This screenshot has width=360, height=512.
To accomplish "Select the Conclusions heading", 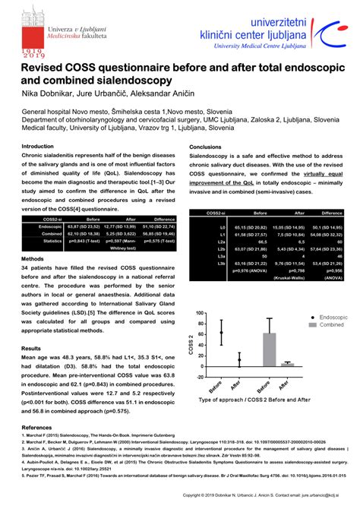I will [x=205, y=147].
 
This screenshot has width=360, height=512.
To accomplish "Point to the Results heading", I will [x=31, y=348].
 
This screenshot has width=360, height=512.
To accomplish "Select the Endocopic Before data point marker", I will [x=222, y=332].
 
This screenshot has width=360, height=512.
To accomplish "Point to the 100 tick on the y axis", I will [x=200, y=313].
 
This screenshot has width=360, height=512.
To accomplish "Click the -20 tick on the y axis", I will [x=200, y=377].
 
